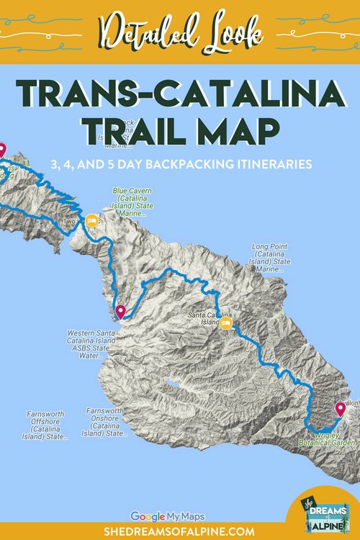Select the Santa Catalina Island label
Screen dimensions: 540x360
pos(203,318)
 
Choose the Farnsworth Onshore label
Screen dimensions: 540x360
pos(105,422)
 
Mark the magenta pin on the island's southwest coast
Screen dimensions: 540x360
pos(120,312)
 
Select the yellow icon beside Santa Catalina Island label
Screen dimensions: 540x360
pos(225,324)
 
